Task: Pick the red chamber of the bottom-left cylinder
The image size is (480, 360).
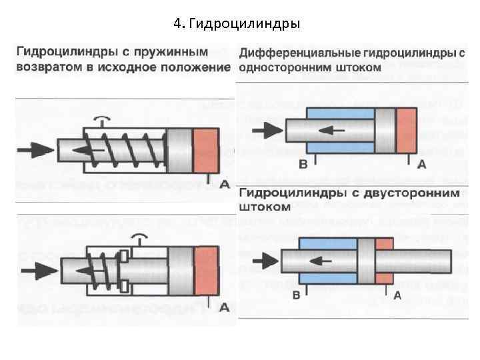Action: click(x=205, y=271)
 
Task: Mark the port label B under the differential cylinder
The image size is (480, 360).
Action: click(x=303, y=163)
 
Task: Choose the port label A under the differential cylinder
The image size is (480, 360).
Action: click(x=421, y=163)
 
